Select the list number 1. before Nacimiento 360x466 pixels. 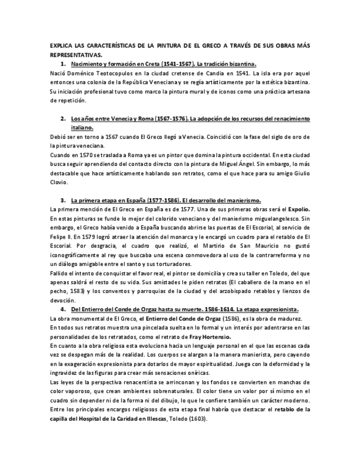(64, 64)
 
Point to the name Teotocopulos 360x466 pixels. (112, 73)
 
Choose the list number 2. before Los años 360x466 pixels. (64, 118)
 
